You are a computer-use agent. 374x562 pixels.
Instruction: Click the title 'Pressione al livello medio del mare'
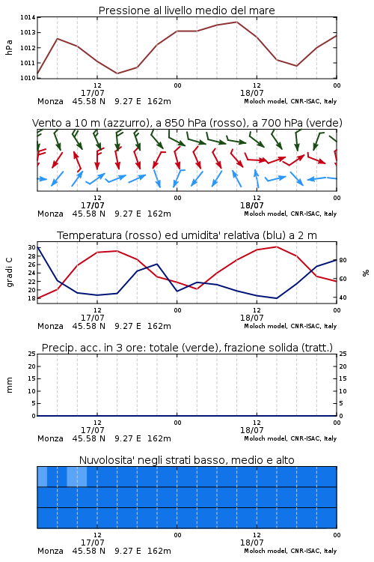(x=186, y=10)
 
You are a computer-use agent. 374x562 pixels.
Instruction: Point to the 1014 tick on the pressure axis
(x=28, y=17)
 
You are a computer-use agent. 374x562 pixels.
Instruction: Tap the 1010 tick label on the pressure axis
(x=28, y=78)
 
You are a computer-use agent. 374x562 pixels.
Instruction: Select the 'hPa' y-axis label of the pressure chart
(x=9, y=47)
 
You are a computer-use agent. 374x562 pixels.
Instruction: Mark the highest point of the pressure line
(x=236, y=22)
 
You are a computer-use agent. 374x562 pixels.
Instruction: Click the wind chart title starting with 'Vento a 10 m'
(x=187, y=123)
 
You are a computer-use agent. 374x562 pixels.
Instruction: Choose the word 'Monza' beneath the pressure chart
(x=50, y=101)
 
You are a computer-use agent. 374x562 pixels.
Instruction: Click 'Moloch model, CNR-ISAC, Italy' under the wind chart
(x=290, y=214)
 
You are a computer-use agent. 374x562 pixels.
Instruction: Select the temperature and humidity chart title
(x=187, y=235)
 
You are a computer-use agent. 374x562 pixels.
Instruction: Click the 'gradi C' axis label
(x=9, y=273)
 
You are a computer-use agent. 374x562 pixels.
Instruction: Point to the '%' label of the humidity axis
(x=366, y=273)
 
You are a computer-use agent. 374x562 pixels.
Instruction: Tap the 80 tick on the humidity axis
(x=343, y=260)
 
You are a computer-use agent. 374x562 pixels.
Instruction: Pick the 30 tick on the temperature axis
(x=31, y=247)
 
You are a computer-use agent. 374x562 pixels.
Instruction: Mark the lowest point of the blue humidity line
(x=276, y=298)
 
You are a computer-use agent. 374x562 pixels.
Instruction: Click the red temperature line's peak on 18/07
(x=276, y=247)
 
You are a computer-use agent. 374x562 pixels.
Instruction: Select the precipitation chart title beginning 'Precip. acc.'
(x=187, y=348)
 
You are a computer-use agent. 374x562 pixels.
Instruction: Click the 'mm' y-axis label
(x=9, y=385)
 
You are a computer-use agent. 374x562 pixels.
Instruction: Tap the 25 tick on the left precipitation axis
(x=31, y=354)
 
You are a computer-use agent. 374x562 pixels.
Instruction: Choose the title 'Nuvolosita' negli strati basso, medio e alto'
(x=186, y=460)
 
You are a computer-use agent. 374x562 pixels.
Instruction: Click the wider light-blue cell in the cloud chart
(x=77, y=477)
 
